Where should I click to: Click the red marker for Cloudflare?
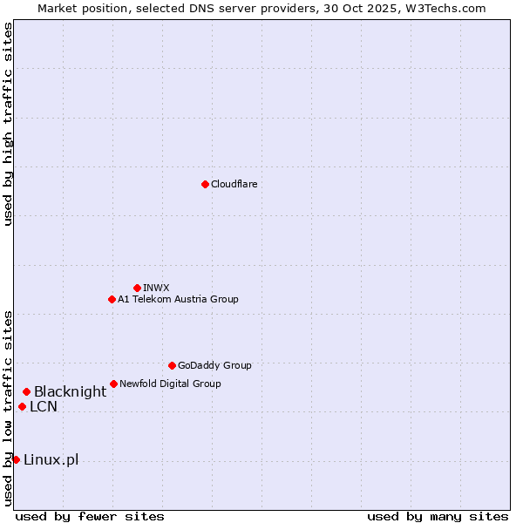[x=205, y=184]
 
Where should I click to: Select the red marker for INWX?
[x=137, y=288]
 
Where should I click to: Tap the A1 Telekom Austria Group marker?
[x=112, y=299]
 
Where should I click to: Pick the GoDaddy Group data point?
[x=172, y=365]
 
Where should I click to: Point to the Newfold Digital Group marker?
[x=113, y=384]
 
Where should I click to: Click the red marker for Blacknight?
[x=26, y=392]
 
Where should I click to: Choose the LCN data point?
[x=22, y=406]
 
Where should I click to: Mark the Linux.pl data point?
[x=16, y=459]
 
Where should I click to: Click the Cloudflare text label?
[x=234, y=184]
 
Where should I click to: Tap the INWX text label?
[x=156, y=288]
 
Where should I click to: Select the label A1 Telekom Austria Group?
[x=178, y=299]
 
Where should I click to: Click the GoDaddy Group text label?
[x=214, y=365]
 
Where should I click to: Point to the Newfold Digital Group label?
[x=170, y=384]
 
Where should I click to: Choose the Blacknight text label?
[x=70, y=392]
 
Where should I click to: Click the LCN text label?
[x=44, y=406]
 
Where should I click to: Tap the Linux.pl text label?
[x=51, y=460]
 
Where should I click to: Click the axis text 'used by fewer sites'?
[x=90, y=516]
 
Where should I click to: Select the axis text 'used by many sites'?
[x=438, y=516]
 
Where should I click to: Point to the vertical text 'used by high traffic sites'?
[x=8, y=125]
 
